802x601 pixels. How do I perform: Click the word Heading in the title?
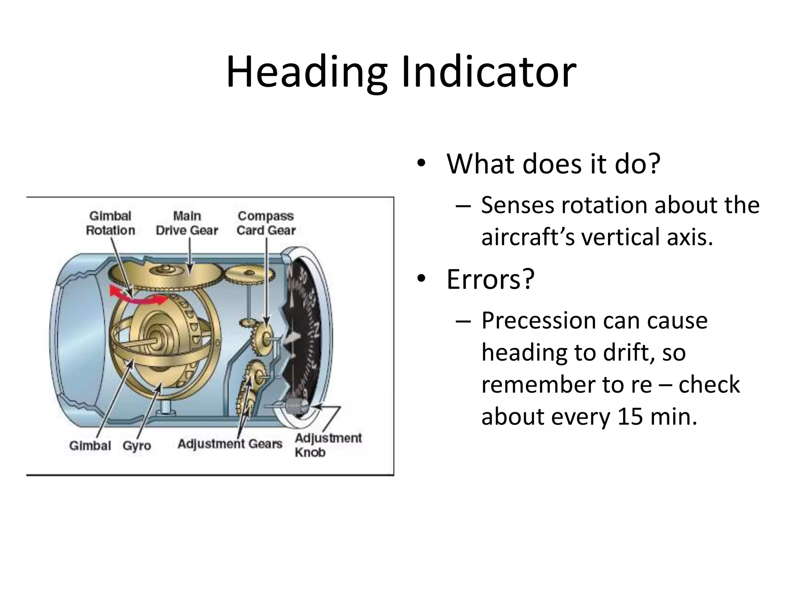[306, 72]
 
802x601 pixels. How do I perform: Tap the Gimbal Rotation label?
[110, 223]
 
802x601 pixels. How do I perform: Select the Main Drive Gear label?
[187, 223]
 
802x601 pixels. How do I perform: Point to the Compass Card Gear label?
[266, 223]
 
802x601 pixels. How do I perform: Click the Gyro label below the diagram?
[137, 446]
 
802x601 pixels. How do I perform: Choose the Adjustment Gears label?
[230, 444]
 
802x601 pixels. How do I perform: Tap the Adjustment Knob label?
[327, 445]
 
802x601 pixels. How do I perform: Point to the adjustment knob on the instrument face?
[297, 407]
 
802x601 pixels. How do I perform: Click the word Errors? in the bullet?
[490, 279]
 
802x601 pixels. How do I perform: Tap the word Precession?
[536, 321]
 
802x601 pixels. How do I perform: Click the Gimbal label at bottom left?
[90, 446]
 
